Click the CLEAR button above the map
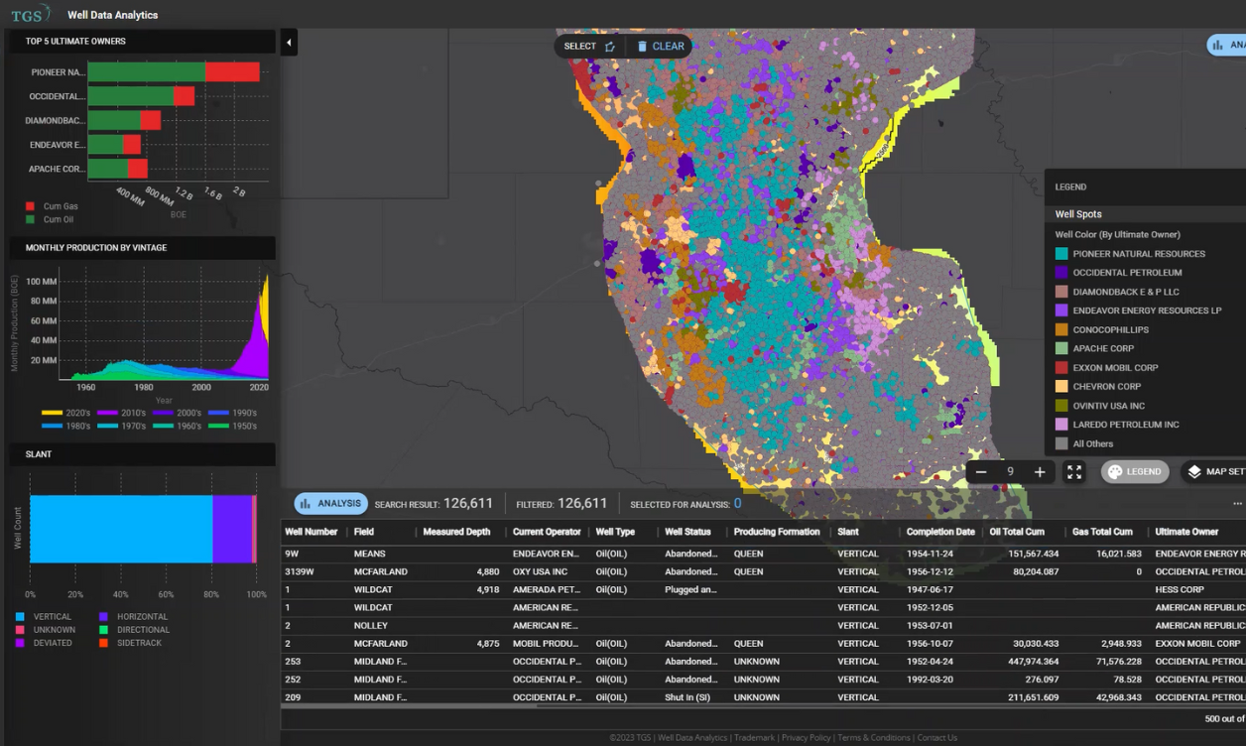point(661,47)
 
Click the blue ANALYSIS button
point(330,503)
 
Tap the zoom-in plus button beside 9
point(1040,472)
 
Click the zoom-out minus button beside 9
point(981,472)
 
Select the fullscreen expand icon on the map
point(1074,472)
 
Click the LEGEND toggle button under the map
point(1135,472)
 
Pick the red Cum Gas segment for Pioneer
point(232,72)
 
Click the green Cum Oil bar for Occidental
point(131,96)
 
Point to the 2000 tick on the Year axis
point(201,387)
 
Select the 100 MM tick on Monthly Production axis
point(42,282)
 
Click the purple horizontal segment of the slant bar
point(232,529)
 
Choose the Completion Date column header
point(940,532)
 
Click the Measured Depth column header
point(456,532)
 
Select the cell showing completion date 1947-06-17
point(930,589)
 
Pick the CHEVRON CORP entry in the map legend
point(1106,387)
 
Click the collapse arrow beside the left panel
point(289,43)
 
